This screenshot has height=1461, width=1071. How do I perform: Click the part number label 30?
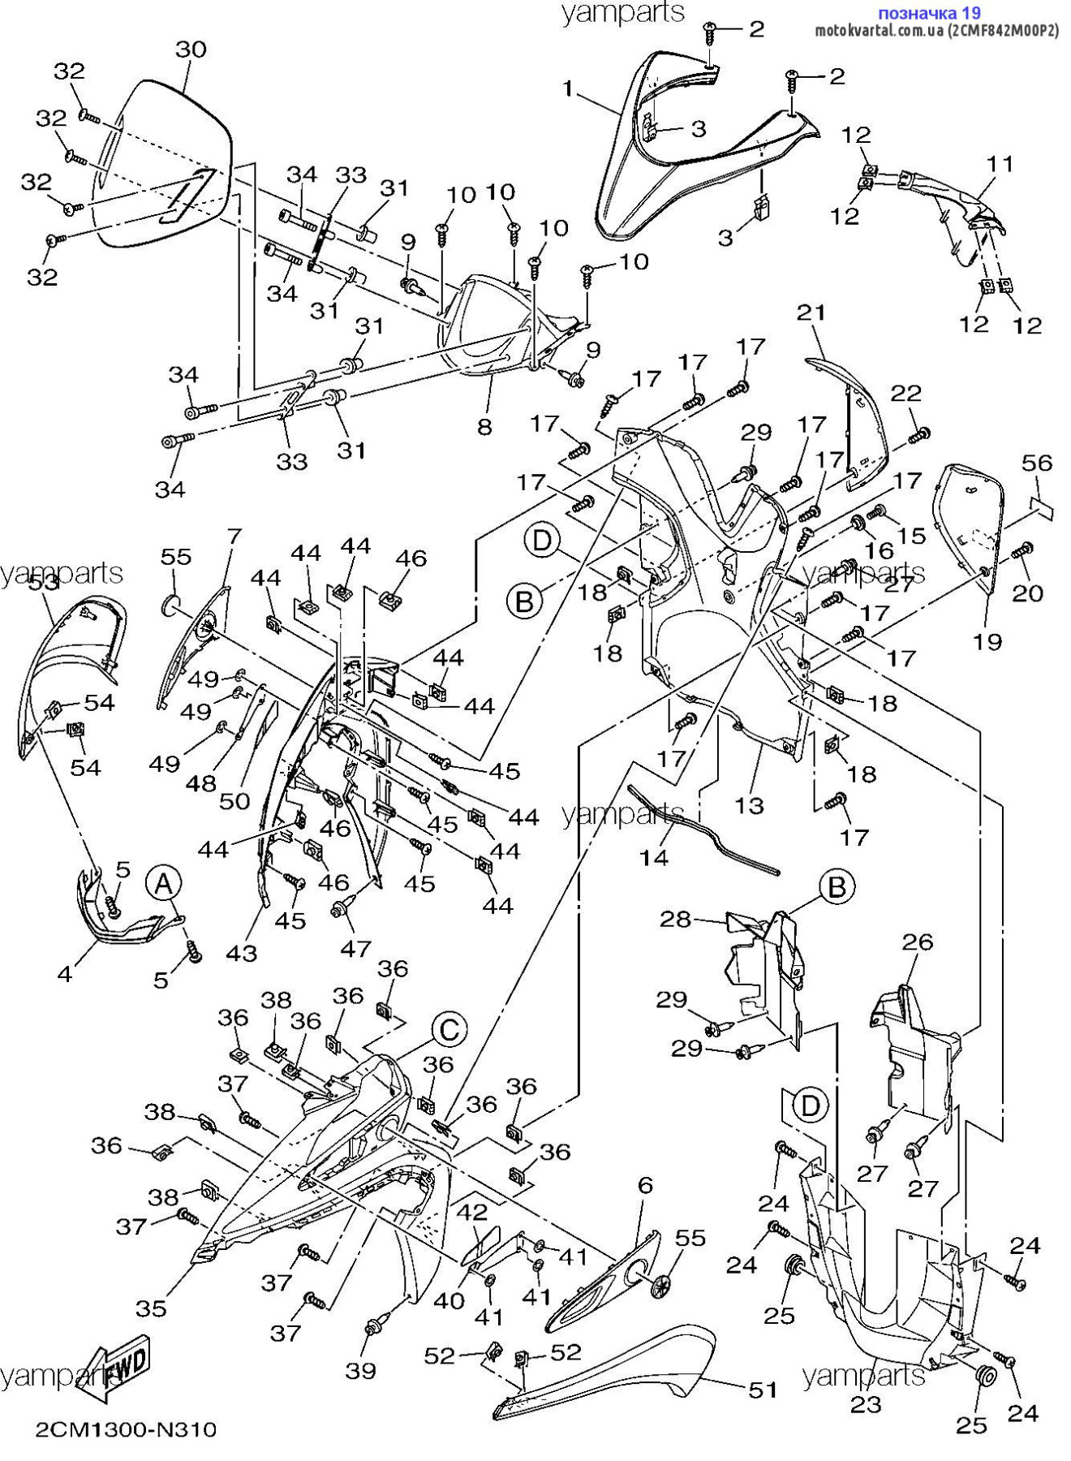191,50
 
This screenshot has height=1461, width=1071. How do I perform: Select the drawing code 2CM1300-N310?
126,1429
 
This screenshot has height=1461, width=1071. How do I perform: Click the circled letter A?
164,884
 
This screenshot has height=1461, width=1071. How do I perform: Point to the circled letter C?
449,1031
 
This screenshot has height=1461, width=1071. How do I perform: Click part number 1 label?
568,88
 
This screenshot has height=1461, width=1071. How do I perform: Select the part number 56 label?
1037,463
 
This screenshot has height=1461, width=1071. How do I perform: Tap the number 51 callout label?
763,1390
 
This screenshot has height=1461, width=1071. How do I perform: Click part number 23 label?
866,1403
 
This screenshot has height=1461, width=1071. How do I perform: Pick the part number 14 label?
654,857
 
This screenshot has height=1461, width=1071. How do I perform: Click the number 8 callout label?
484,427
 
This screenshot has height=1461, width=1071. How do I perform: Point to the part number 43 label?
241,952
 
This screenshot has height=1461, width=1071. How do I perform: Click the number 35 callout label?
151,1308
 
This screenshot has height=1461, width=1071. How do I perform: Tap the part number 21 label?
811,312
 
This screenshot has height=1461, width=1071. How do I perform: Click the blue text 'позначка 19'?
930,13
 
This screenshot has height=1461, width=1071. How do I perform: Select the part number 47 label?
355,948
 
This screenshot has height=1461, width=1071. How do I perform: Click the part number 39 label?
361,1371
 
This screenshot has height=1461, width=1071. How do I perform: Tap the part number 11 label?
1000,165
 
